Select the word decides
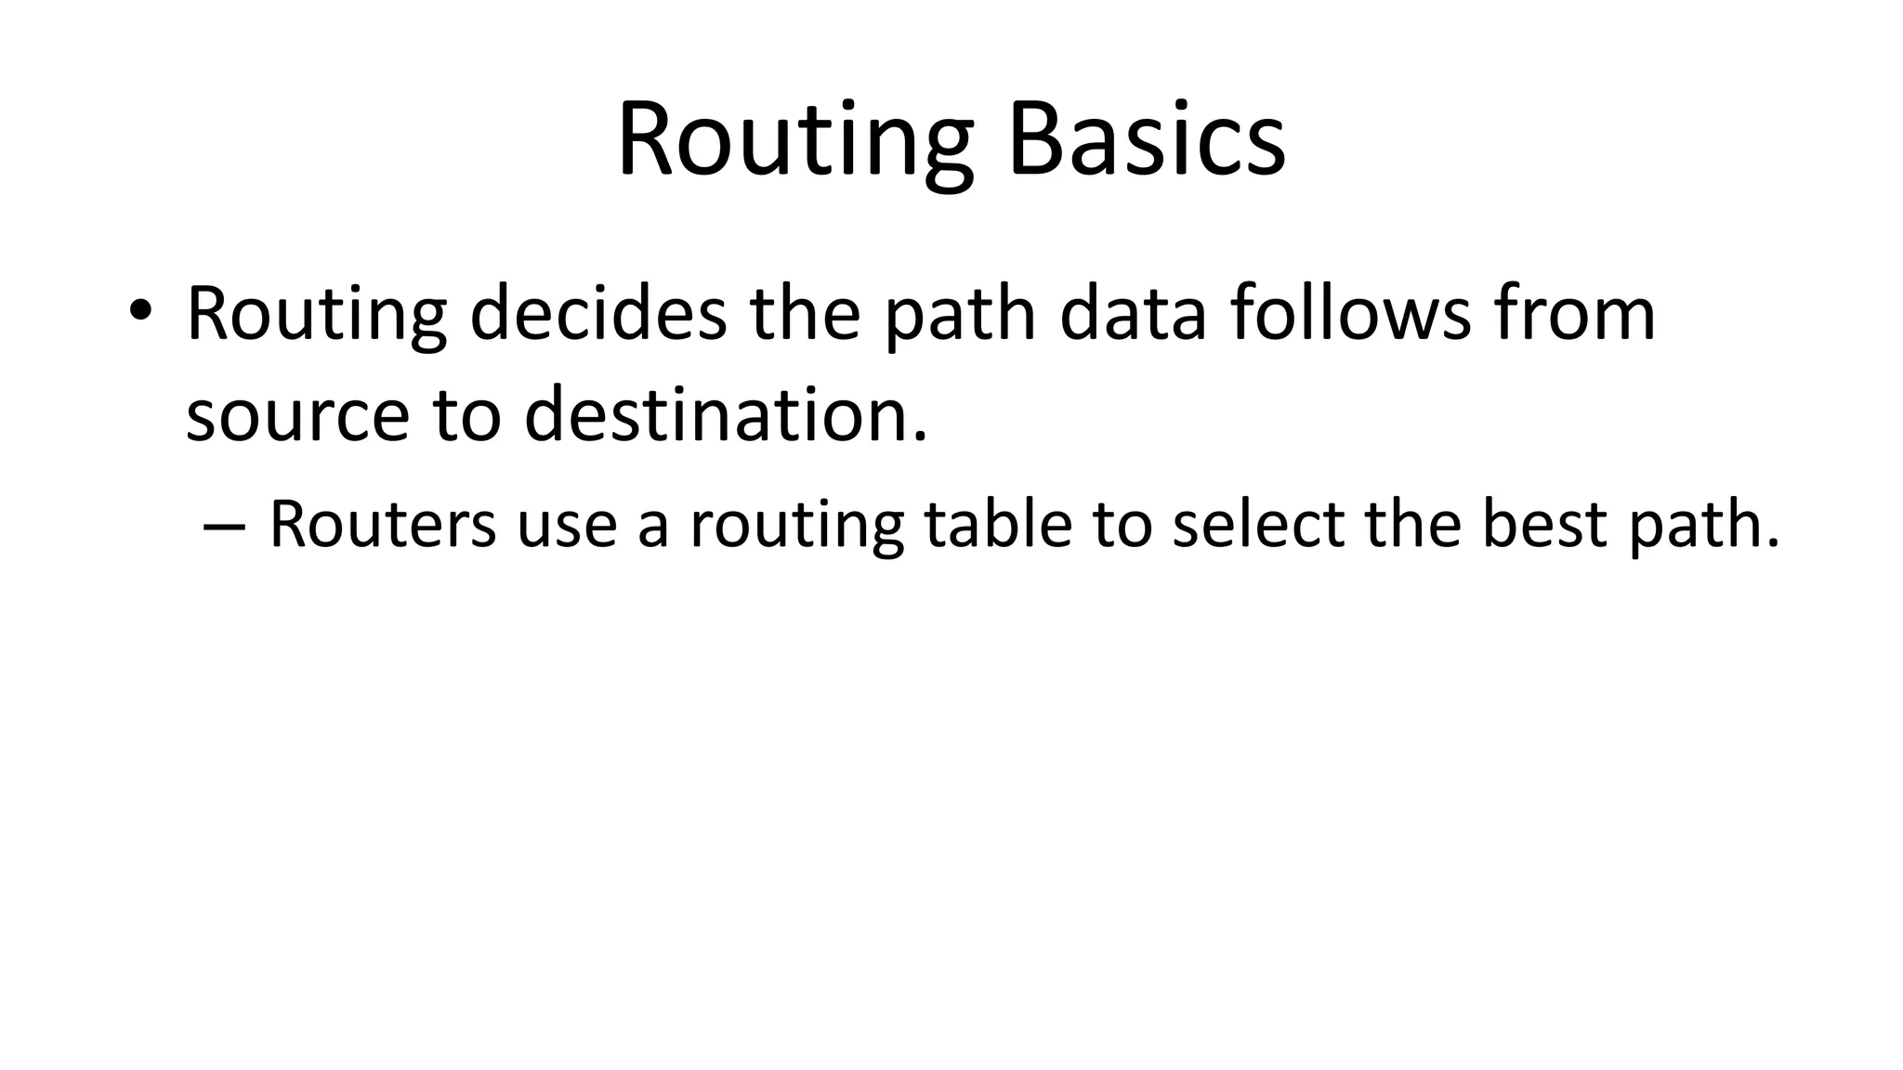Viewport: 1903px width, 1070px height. pyautogui.click(x=598, y=314)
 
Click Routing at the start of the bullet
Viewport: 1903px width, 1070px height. pyautogui.click(x=316, y=314)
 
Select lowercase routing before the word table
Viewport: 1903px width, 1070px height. pyautogui.click(x=796, y=524)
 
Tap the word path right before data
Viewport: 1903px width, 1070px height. pyautogui.click(x=959, y=314)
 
